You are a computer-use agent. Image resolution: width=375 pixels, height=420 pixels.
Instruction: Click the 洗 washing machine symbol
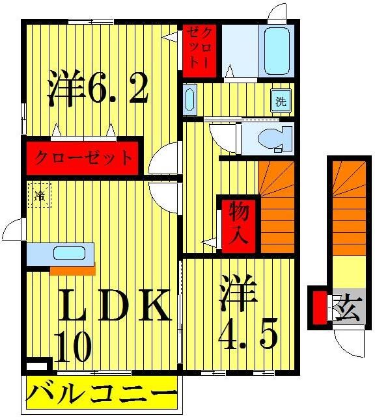pos(281,102)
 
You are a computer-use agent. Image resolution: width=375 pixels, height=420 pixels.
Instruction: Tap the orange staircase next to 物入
pos(276,207)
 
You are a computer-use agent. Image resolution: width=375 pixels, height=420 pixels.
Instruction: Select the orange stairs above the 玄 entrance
pos(350,208)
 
